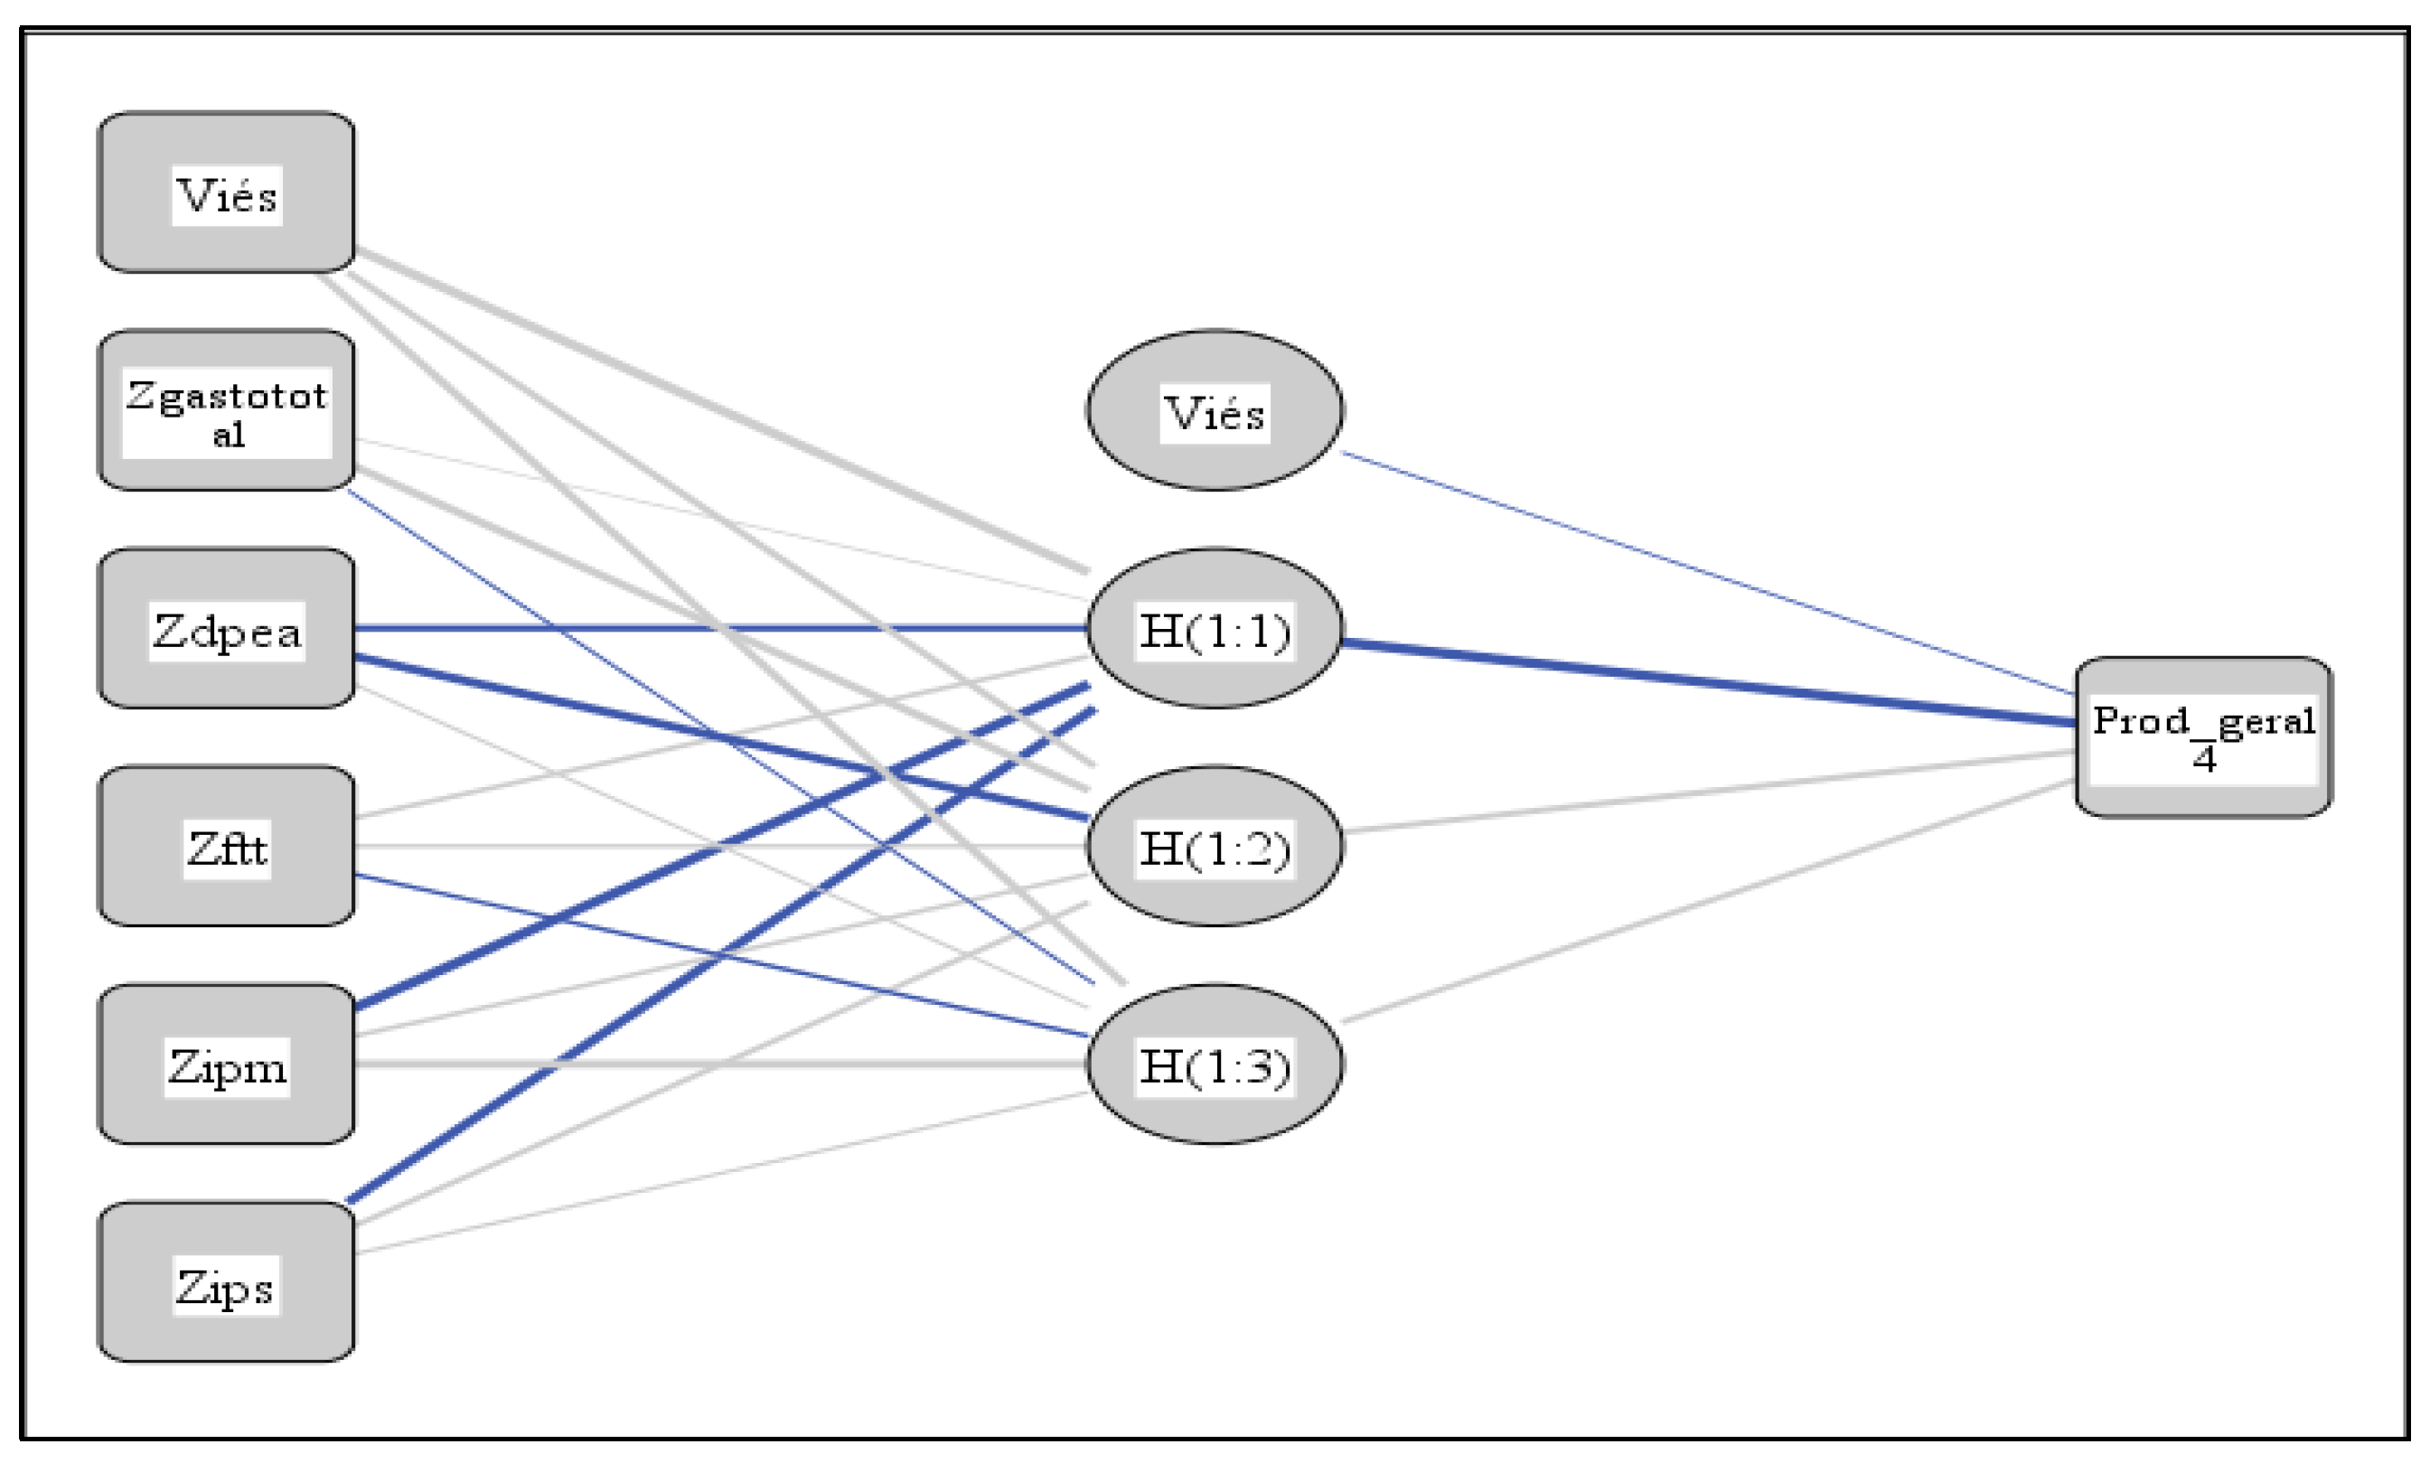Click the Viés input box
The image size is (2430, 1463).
click(x=226, y=193)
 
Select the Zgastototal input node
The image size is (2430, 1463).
click(x=226, y=410)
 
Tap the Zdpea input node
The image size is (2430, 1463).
click(x=226, y=629)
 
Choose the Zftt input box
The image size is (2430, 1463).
click(x=226, y=847)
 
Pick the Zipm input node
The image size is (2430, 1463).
click(x=226, y=1064)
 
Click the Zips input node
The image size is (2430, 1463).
click(x=226, y=1282)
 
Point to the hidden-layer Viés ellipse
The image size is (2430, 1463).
click(x=1214, y=410)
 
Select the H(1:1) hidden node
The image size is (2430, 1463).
click(x=1214, y=629)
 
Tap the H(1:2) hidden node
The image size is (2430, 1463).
click(x=1214, y=847)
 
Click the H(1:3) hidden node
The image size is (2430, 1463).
click(x=1214, y=1064)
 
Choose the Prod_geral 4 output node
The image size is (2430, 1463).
click(x=2203, y=736)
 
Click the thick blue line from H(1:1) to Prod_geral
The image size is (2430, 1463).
click(x=1705, y=682)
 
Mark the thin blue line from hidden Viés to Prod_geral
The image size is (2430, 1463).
click(x=1705, y=572)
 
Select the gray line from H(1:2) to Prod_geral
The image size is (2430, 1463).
click(x=1705, y=792)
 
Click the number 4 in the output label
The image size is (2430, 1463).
click(x=2204, y=758)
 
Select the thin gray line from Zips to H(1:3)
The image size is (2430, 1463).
click(x=719, y=1173)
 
